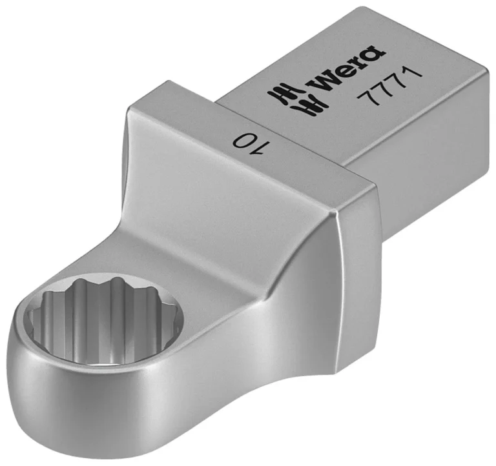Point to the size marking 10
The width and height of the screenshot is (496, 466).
point(252,143)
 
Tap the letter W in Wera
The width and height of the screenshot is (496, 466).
point(322,81)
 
